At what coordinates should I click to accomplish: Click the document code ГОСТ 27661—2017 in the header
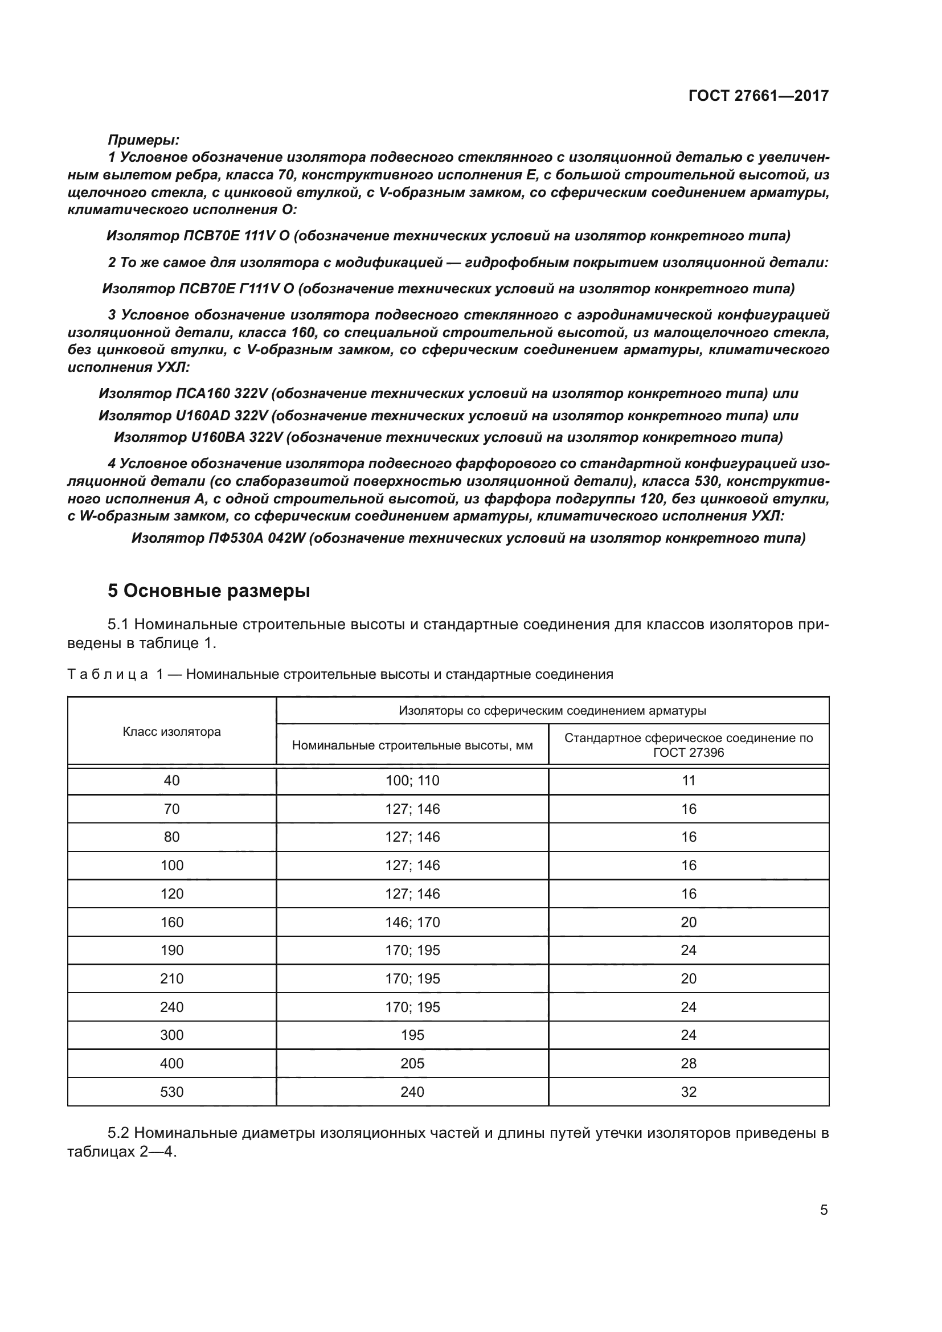[758, 96]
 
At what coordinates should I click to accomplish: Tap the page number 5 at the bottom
[824, 1210]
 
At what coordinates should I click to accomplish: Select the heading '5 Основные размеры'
[209, 591]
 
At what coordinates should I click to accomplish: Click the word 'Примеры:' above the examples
[144, 140]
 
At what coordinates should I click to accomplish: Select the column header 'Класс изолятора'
[171, 732]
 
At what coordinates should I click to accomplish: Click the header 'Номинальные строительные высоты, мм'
[412, 745]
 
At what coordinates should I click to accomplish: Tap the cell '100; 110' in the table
[412, 781]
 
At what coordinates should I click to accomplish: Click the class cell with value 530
[171, 1092]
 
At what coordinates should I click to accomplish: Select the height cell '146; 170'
[412, 923]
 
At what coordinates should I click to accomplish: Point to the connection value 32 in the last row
[688, 1092]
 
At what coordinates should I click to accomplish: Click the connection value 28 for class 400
[688, 1063]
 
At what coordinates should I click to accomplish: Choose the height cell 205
[412, 1063]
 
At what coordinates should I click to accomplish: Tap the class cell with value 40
[171, 781]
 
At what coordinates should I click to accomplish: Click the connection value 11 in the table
[688, 781]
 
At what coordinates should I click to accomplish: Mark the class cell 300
[171, 1035]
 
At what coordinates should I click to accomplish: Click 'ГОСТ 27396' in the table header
[688, 753]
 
